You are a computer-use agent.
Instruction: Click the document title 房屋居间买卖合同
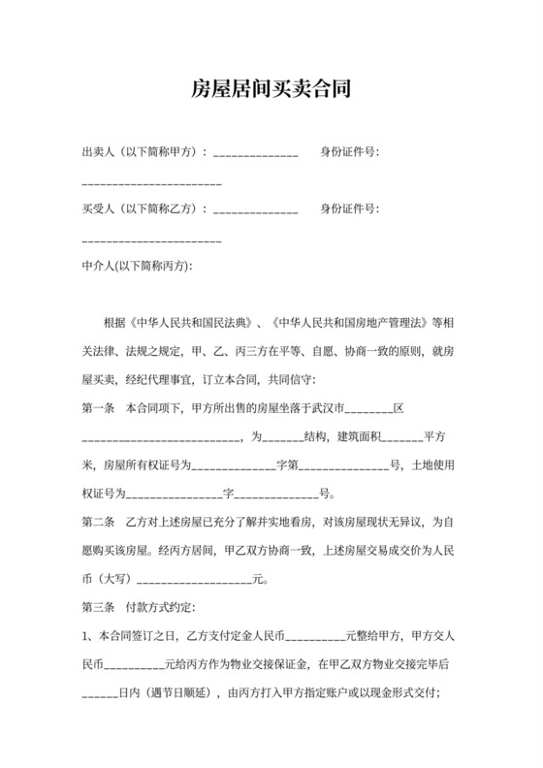tap(271, 90)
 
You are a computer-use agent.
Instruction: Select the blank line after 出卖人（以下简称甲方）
tap(255, 154)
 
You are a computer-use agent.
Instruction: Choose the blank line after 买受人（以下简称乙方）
tap(255, 210)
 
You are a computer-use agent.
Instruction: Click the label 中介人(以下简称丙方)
tap(138, 265)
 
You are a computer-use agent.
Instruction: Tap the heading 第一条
tap(99, 406)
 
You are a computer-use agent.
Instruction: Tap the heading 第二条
tap(99, 522)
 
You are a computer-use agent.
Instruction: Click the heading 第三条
tap(99, 607)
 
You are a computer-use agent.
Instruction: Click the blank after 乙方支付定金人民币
tap(313, 638)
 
